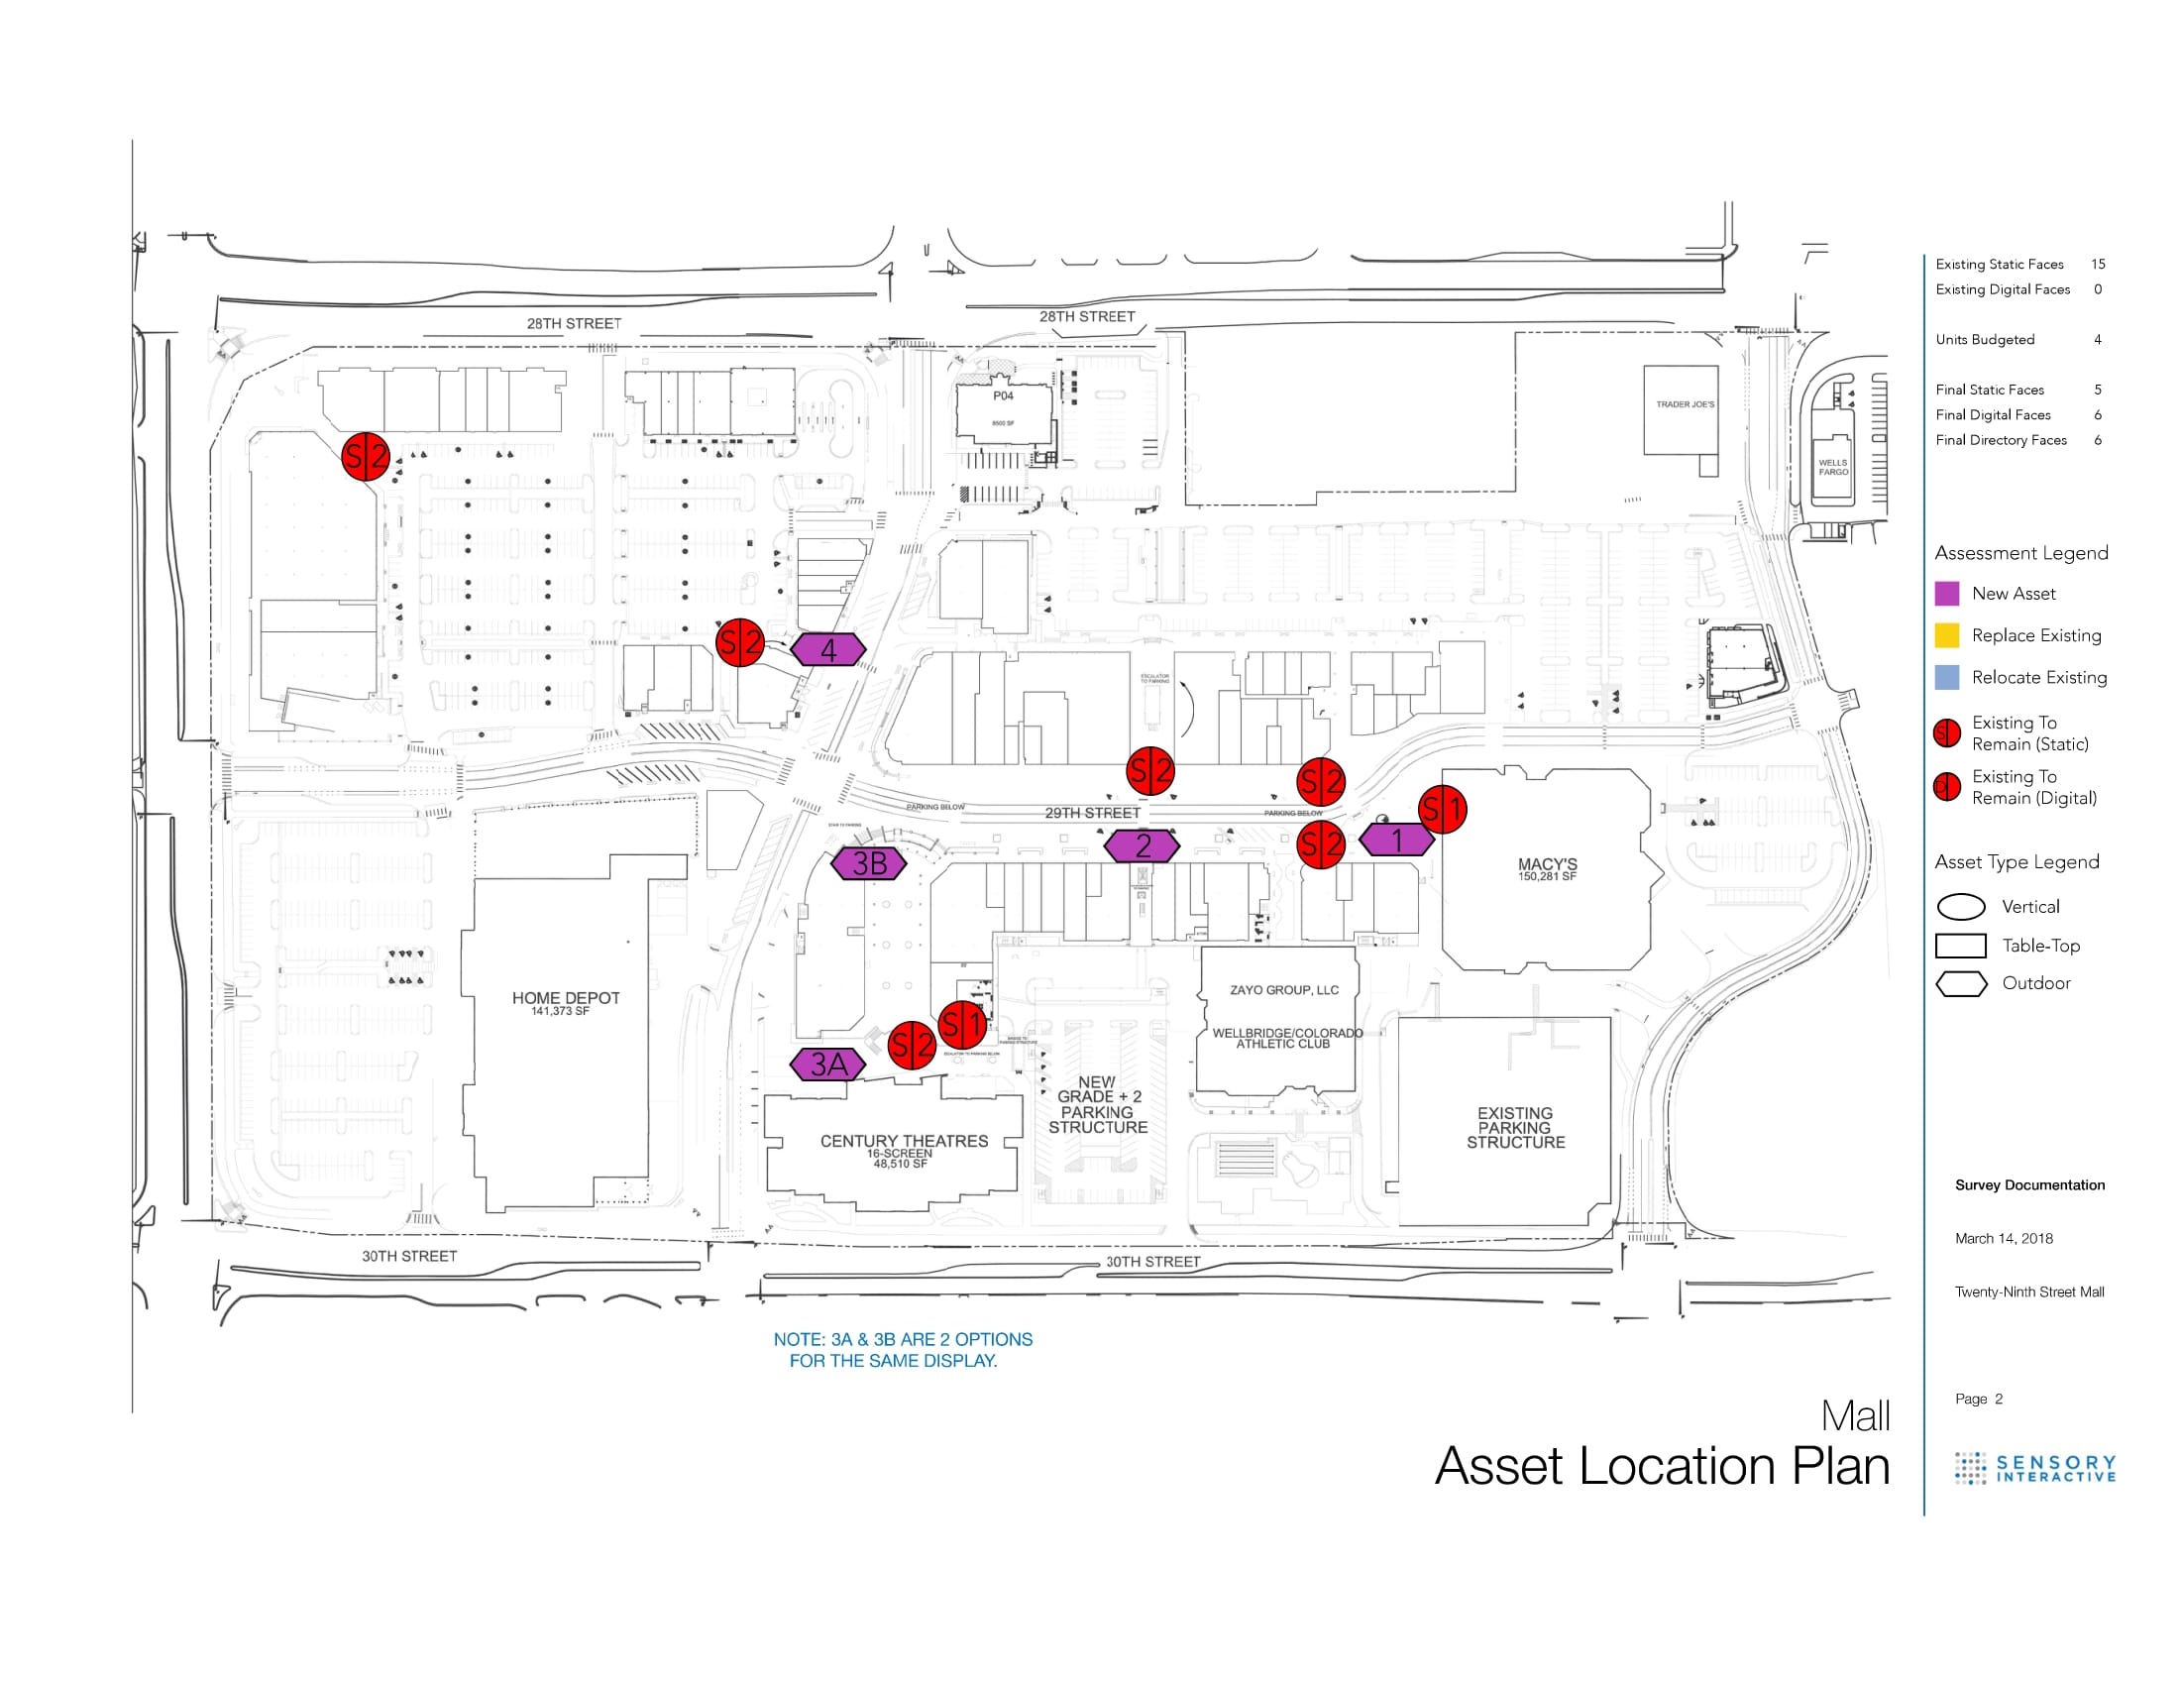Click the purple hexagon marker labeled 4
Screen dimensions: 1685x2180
pos(827,650)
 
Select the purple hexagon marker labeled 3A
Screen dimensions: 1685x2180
pos(827,1065)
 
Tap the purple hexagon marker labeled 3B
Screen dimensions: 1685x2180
pos(868,863)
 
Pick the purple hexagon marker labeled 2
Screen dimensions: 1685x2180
pos(1142,846)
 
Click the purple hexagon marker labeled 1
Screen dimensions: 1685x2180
pos(1396,840)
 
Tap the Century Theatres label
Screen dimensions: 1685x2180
pos(904,1141)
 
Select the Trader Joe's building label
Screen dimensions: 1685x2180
pos(1685,404)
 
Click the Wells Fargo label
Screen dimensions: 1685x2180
pos(1832,466)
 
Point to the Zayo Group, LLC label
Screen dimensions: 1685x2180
pos(1283,990)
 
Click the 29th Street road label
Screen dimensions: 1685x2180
pos(1092,813)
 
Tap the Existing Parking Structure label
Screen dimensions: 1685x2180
pos(1515,1127)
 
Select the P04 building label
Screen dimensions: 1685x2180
pos(1003,396)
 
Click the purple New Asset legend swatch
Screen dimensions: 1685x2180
pos(1946,594)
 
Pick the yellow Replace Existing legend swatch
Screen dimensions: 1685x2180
pos(1946,636)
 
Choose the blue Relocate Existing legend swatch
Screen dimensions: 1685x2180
pos(1946,678)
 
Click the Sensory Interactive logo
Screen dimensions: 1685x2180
pos(2035,1468)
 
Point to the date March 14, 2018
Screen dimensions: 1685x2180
pos(2004,1239)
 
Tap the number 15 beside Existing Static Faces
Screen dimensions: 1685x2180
pos(2098,265)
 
